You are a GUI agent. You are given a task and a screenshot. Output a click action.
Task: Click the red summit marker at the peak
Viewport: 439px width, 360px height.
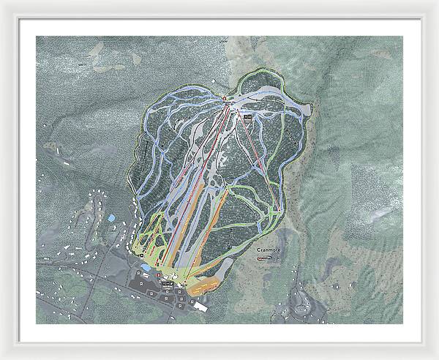tap(223, 98)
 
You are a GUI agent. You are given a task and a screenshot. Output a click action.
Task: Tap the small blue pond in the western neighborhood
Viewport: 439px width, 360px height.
tap(110, 218)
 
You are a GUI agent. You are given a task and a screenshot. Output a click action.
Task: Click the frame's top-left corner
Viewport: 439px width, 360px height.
tap(2, 2)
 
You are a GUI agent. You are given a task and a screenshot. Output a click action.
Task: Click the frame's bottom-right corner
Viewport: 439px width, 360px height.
tap(436, 357)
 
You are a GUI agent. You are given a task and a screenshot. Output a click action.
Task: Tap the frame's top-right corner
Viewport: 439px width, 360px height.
tap(436, 2)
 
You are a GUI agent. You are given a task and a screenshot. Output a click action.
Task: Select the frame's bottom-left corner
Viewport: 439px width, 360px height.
tap(2, 357)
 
